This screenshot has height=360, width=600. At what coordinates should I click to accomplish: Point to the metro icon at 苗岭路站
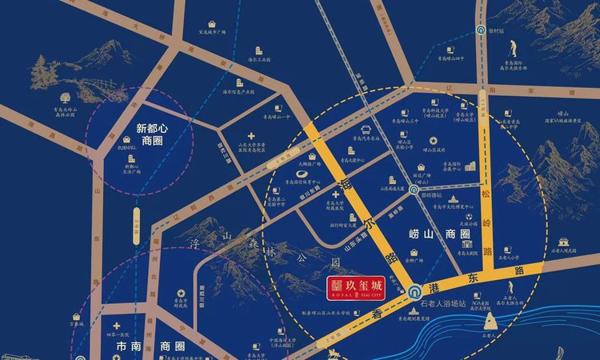412,190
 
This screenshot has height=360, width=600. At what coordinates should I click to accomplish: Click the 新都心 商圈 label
140,134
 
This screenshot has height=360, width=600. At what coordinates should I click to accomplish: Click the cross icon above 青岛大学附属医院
324,194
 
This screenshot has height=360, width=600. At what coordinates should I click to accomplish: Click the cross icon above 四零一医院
118,326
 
